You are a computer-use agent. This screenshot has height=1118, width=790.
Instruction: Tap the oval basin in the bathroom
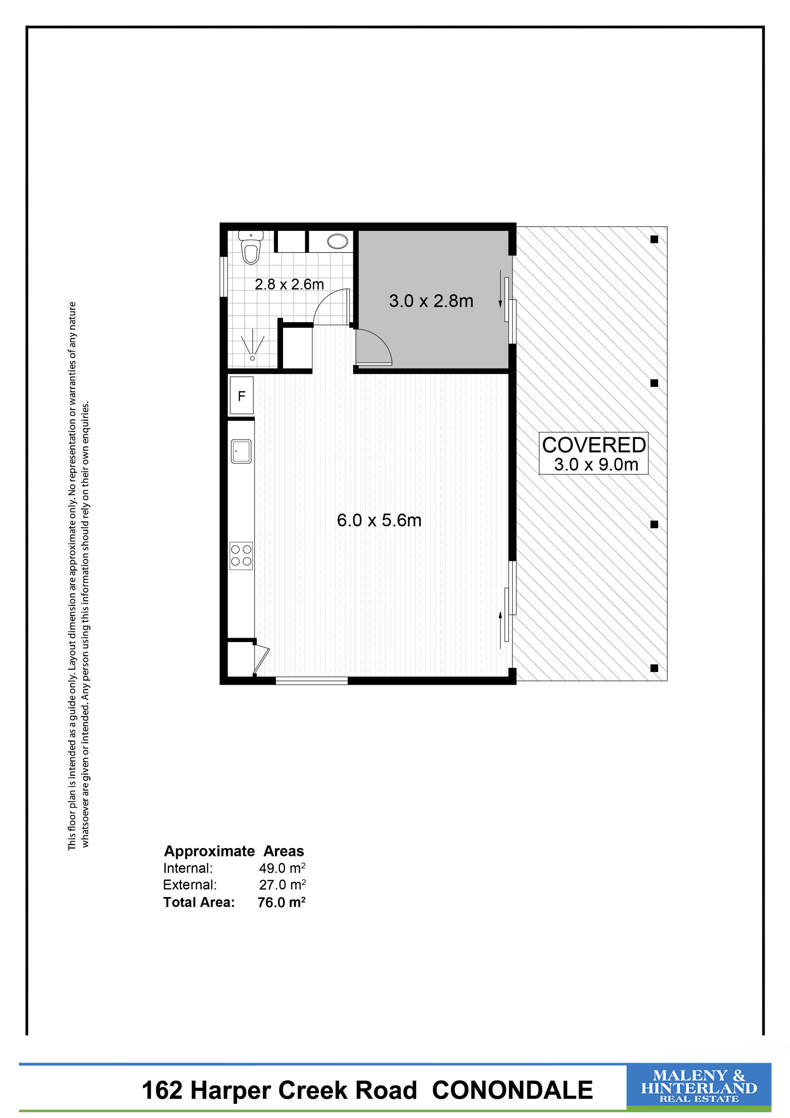click(x=337, y=241)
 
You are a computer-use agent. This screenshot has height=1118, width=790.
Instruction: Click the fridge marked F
click(x=241, y=395)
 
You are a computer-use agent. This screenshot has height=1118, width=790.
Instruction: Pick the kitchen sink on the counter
click(x=241, y=451)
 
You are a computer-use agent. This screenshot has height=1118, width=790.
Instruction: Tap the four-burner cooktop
click(x=241, y=555)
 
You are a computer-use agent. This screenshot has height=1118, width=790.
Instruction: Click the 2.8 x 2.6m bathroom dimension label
click(x=290, y=284)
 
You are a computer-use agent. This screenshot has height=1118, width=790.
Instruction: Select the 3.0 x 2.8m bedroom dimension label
click(x=431, y=301)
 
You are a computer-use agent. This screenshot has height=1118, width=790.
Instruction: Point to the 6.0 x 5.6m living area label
click(x=379, y=520)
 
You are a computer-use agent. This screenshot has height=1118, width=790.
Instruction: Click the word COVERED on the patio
click(x=594, y=445)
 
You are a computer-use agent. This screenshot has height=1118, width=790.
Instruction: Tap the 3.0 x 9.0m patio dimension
click(x=596, y=465)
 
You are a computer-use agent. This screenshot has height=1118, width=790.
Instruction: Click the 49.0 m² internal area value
click(x=282, y=868)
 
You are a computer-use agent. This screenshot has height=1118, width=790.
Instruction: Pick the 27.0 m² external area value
click(x=282, y=885)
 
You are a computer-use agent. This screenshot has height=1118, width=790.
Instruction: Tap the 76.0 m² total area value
click(x=282, y=902)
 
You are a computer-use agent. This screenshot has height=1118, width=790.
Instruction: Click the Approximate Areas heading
click(x=234, y=851)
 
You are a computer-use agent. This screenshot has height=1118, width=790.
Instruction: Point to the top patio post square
click(x=654, y=239)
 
